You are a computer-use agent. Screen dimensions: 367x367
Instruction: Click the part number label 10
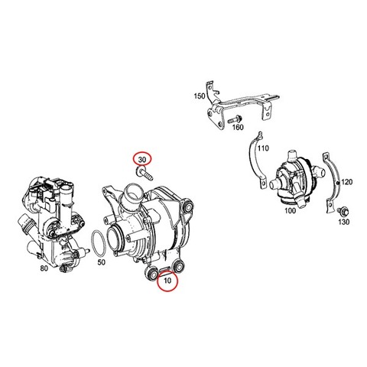point(167,281)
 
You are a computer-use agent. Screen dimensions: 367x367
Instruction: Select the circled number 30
point(142,160)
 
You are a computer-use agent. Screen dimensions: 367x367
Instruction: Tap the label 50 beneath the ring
point(102,262)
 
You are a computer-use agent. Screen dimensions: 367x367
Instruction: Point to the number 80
point(44,268)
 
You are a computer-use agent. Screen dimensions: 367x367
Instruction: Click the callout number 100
point(290,211)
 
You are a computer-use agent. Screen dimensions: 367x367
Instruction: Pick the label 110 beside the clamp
point(263,148)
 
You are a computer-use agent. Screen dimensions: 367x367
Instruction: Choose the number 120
point(347,182)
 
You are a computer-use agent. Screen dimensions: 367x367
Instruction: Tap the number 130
point(344,222)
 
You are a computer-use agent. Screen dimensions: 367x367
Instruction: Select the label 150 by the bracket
point(200,96)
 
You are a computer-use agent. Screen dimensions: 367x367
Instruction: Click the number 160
point(238,127)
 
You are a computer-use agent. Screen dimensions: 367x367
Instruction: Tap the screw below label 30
point(145,174)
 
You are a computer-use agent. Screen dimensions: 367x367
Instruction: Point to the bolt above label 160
point(235,119)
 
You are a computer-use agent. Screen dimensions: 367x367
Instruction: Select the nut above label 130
point(343,212)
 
